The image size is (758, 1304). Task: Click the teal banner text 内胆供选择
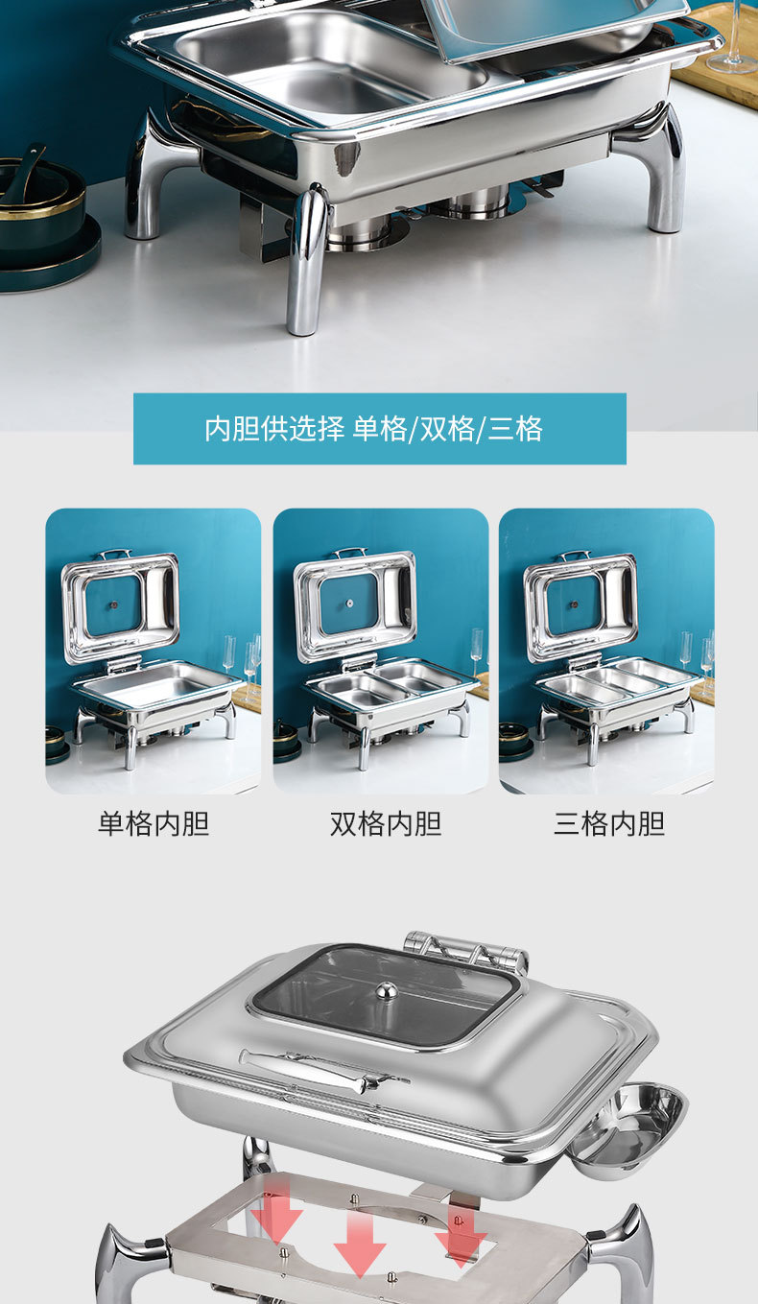273,428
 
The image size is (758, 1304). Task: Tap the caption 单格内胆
154,823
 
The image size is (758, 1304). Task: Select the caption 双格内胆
386,823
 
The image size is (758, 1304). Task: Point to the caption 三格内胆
609,823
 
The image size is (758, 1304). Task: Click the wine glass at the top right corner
734,38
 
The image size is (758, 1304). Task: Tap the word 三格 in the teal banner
515,428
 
